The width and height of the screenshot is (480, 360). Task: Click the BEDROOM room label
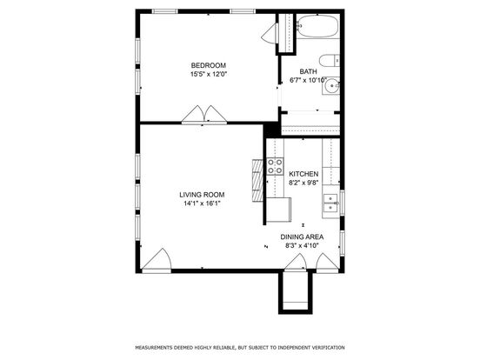click(209, 65)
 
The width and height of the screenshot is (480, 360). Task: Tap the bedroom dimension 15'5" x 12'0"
click(209, 74)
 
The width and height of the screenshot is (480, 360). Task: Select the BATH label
click(309, 71)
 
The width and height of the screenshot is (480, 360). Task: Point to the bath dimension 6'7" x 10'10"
click(309, 80)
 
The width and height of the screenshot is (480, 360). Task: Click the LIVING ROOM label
click(202, 195)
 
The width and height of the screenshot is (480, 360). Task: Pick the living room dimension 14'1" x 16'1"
click(202, 203)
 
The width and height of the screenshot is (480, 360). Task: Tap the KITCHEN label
click(303, 174)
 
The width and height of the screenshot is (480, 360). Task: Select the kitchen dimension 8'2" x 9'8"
click(303, 183)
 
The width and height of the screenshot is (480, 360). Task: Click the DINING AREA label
click(302, 237)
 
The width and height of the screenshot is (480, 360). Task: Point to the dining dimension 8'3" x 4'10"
click(302, 245)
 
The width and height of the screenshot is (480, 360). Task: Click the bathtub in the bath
click(318, 26)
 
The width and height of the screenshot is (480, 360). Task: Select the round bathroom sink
click(331, 86)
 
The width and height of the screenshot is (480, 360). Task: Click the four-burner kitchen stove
click(275, 167)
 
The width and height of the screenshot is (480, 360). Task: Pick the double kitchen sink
click(330, 203)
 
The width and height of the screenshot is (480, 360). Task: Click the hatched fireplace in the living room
click(257, 181)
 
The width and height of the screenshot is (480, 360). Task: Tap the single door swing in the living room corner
click(157, 260)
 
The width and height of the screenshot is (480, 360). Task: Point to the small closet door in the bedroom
click(270, 33)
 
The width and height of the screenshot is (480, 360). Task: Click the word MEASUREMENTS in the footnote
click(154, 348)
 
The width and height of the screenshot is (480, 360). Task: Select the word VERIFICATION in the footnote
click(328, 348)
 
